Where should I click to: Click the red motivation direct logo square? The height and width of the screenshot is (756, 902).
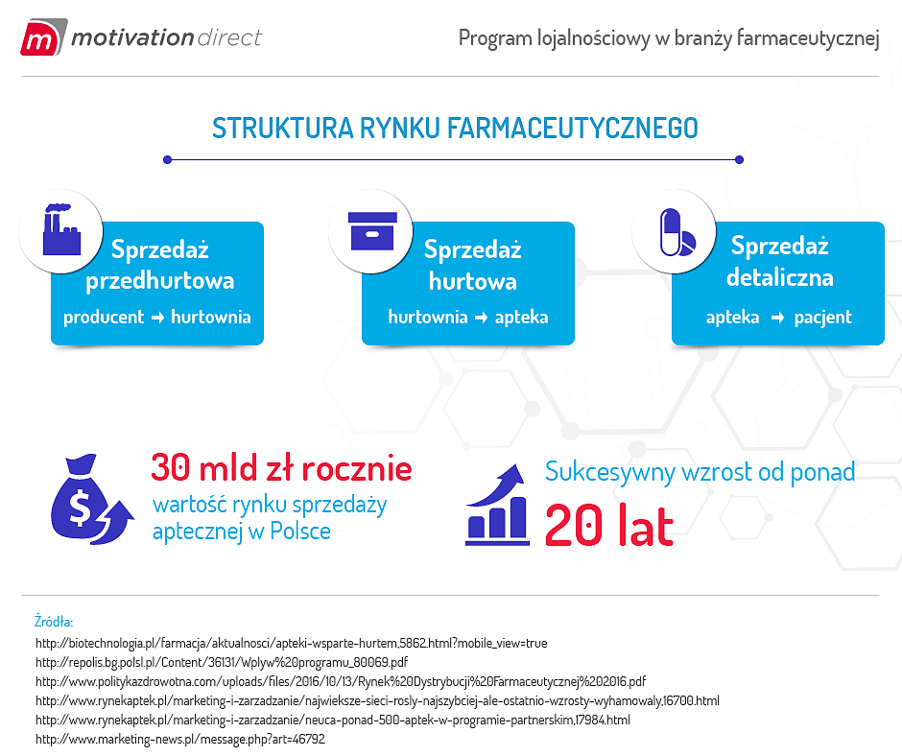coord(39,39)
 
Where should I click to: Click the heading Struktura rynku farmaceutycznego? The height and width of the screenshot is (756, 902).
coord(455,129)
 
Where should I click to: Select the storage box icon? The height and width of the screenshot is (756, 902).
coord(370,230)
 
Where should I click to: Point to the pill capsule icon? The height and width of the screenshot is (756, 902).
coord(678,231)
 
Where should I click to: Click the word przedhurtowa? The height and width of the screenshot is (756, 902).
coord(160,281)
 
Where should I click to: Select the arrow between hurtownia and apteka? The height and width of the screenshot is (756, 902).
coord(481,317)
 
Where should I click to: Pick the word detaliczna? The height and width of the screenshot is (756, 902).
coord(779,278)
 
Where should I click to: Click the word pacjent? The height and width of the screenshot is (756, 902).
coord(822,317)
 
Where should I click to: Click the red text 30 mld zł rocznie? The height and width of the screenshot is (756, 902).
coord(281,469)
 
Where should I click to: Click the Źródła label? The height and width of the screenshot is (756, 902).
coord(54,622)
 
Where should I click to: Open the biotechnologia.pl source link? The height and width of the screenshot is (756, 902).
coord(291,643)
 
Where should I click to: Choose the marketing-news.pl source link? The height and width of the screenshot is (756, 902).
coord(180,739)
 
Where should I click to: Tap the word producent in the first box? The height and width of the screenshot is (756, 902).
coord(104,317)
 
